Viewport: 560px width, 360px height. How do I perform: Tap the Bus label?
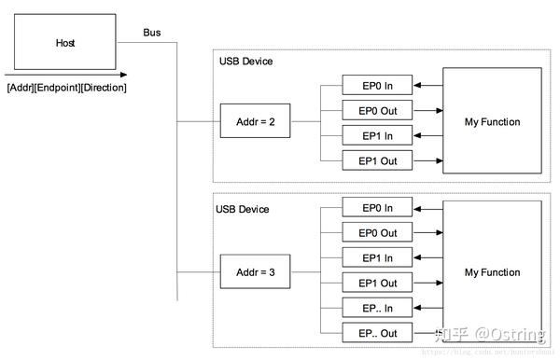point(151,33)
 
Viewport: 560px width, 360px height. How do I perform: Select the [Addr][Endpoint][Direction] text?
point(66,88)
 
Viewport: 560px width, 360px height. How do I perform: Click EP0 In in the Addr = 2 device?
point(377,85)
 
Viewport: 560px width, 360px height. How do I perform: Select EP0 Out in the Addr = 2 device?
point(377,110)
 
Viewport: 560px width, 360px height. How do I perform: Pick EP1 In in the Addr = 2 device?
point(377,135)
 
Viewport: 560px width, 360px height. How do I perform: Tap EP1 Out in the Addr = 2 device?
point(377,160)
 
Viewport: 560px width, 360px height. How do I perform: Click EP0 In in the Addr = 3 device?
point(377,207)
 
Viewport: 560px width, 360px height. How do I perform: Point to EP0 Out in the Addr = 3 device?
point(377,232)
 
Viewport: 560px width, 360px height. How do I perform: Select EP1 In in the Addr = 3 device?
point(377,257)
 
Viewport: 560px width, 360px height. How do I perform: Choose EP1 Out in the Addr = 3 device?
point(377,283)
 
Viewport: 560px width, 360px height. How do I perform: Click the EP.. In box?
point(377,308)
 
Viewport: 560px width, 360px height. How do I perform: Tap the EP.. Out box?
point(377,333)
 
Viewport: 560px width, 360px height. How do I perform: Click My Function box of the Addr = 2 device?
point(492,122)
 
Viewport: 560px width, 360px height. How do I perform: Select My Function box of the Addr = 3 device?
point(492,271)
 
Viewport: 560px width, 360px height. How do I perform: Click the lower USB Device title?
point(242,209)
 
